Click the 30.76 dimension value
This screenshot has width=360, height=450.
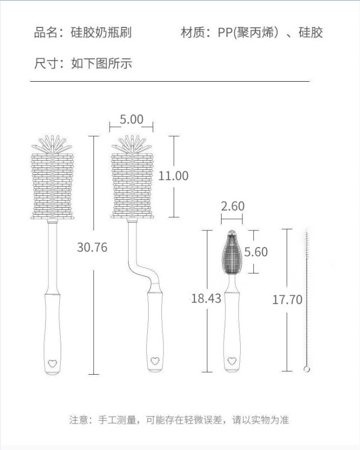[92, 247]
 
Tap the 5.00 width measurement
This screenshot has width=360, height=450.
[132, 119]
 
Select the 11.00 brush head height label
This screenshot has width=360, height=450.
[173, 176]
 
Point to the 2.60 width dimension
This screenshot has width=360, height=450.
[232, 206]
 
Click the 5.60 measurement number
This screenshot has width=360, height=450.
[256, 252]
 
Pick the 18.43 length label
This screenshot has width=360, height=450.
[206, 298]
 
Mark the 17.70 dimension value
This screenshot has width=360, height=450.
[287, 300]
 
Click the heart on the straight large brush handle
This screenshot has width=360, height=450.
[52, 363]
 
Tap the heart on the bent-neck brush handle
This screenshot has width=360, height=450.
[155, 361]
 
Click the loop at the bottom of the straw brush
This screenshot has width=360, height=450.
[307, 369]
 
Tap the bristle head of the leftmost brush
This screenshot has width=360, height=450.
[53, 181]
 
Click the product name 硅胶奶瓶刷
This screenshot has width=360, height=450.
[101, 33]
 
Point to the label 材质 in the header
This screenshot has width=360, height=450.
[192, 33]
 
